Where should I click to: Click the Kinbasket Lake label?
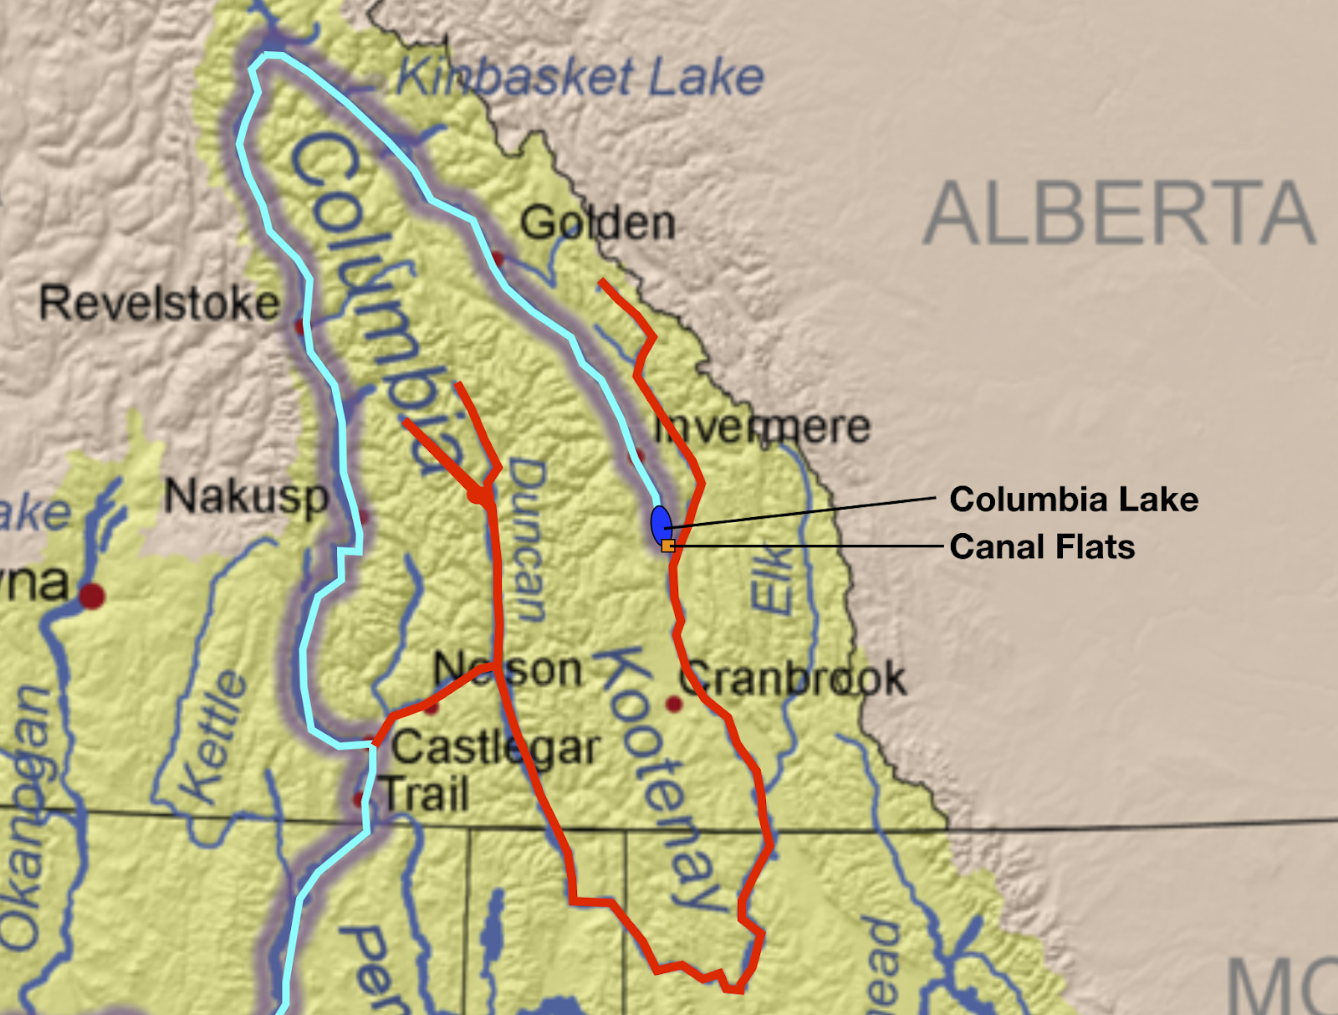tap(580, 78)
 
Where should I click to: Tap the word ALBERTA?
tap(1119, 214)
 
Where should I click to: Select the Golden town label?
tap(597, 223)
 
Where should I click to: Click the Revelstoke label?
tap(159, 303)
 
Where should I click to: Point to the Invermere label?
tap(761, 428)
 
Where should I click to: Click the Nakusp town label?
tap(246, 497)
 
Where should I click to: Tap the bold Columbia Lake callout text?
tap(1073, 500)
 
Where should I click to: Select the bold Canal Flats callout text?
tap(1042, 547)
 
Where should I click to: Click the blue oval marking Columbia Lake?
tap(661, 524)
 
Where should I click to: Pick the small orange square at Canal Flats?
tap(667, 546)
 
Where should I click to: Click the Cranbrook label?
tap(793, 679)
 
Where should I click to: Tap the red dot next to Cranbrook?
tap(673, 705)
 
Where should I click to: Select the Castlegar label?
tap(496, 748)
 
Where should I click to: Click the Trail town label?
tap(426, 794)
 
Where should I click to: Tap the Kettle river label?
tap(215, 737)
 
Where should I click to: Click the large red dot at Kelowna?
tap(91, 596)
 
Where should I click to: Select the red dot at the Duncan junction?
tap(477, 495)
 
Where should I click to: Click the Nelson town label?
tap(508, 670)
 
